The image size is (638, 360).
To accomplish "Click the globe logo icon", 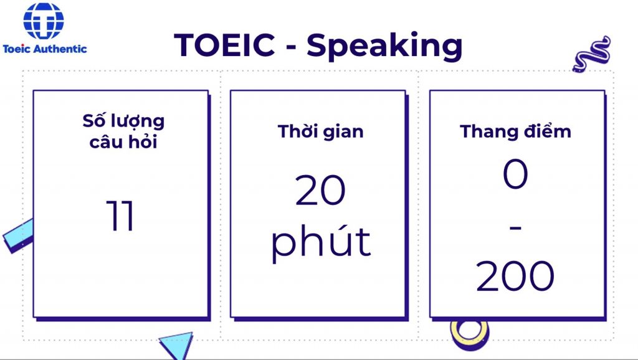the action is pyautogui.click(x=44, y=21).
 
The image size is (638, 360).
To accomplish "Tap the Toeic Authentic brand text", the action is pyautogui.click(x=45, y=49).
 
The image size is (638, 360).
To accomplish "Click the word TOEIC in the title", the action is pyautogui.click(x=224, y=44).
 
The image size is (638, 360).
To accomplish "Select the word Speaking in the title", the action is pyautogui.click(x=384, y=46).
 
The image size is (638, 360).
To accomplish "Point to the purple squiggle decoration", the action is pyautogui.click(x=592, y=54).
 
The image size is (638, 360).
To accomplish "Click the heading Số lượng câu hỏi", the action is pyautogui.click(x=124, y=131).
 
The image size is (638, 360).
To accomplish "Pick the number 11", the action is pyautogui.click(x=120, y=216).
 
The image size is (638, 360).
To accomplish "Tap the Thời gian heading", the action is pyautogui.click(x=321, y=131).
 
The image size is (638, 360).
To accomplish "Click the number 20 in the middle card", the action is pyautogui.click(x=321, y=189).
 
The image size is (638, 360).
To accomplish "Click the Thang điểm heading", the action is pyautogui.click(x=515, y=131).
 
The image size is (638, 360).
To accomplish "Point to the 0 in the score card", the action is pyautogui.click(x=515, y=174).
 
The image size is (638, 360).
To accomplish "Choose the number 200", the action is pyautogui.click(x=515, y=276).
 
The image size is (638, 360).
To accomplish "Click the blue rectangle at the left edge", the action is pyautogui.click(x=18, y=236).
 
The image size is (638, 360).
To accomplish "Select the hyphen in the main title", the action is pyautogui.click(x=291, y=47).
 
